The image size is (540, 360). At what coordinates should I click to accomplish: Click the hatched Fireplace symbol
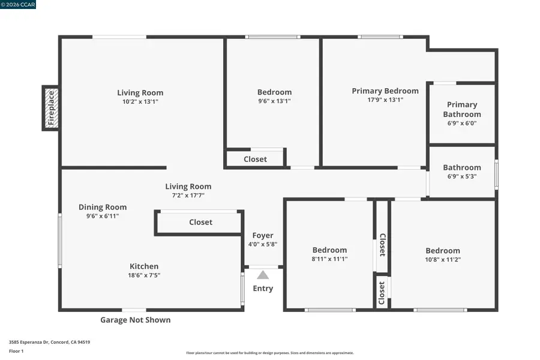[50, 107]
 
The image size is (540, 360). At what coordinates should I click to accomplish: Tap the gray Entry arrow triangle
[263, 275]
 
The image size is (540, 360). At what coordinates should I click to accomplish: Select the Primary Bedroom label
[385, 91]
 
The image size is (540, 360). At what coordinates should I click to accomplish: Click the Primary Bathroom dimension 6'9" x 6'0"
[462, 124]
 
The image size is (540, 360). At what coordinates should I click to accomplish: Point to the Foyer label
[263, 235]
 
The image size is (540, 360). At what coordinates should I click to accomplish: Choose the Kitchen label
[145, 266]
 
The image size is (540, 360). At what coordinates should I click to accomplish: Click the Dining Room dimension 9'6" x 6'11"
[103, 216]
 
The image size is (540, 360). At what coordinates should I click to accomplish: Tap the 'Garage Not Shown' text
[135, 320]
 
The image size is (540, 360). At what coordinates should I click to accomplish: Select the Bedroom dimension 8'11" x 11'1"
[329, 259]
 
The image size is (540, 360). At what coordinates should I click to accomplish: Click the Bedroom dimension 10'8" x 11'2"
[443, 260]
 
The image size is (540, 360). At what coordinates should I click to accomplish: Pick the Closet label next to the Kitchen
[200, 222]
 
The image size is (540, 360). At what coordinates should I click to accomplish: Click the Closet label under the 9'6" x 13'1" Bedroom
[255, 159]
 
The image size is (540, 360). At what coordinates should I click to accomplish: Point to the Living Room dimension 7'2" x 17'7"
[188, 195]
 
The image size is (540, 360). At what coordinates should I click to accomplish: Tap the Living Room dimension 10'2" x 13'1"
[140, 101]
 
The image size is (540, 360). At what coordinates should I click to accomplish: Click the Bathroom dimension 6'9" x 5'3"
[462, 176]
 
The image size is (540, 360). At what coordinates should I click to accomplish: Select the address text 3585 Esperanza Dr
[50, 342]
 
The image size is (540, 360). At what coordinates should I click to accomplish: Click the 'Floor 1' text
[16, 351]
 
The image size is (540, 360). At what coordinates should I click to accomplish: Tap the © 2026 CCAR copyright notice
[19, 5]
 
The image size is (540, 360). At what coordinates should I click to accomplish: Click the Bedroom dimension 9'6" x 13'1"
[274, 101]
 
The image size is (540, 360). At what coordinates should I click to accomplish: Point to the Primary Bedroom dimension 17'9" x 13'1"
[385, 100]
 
